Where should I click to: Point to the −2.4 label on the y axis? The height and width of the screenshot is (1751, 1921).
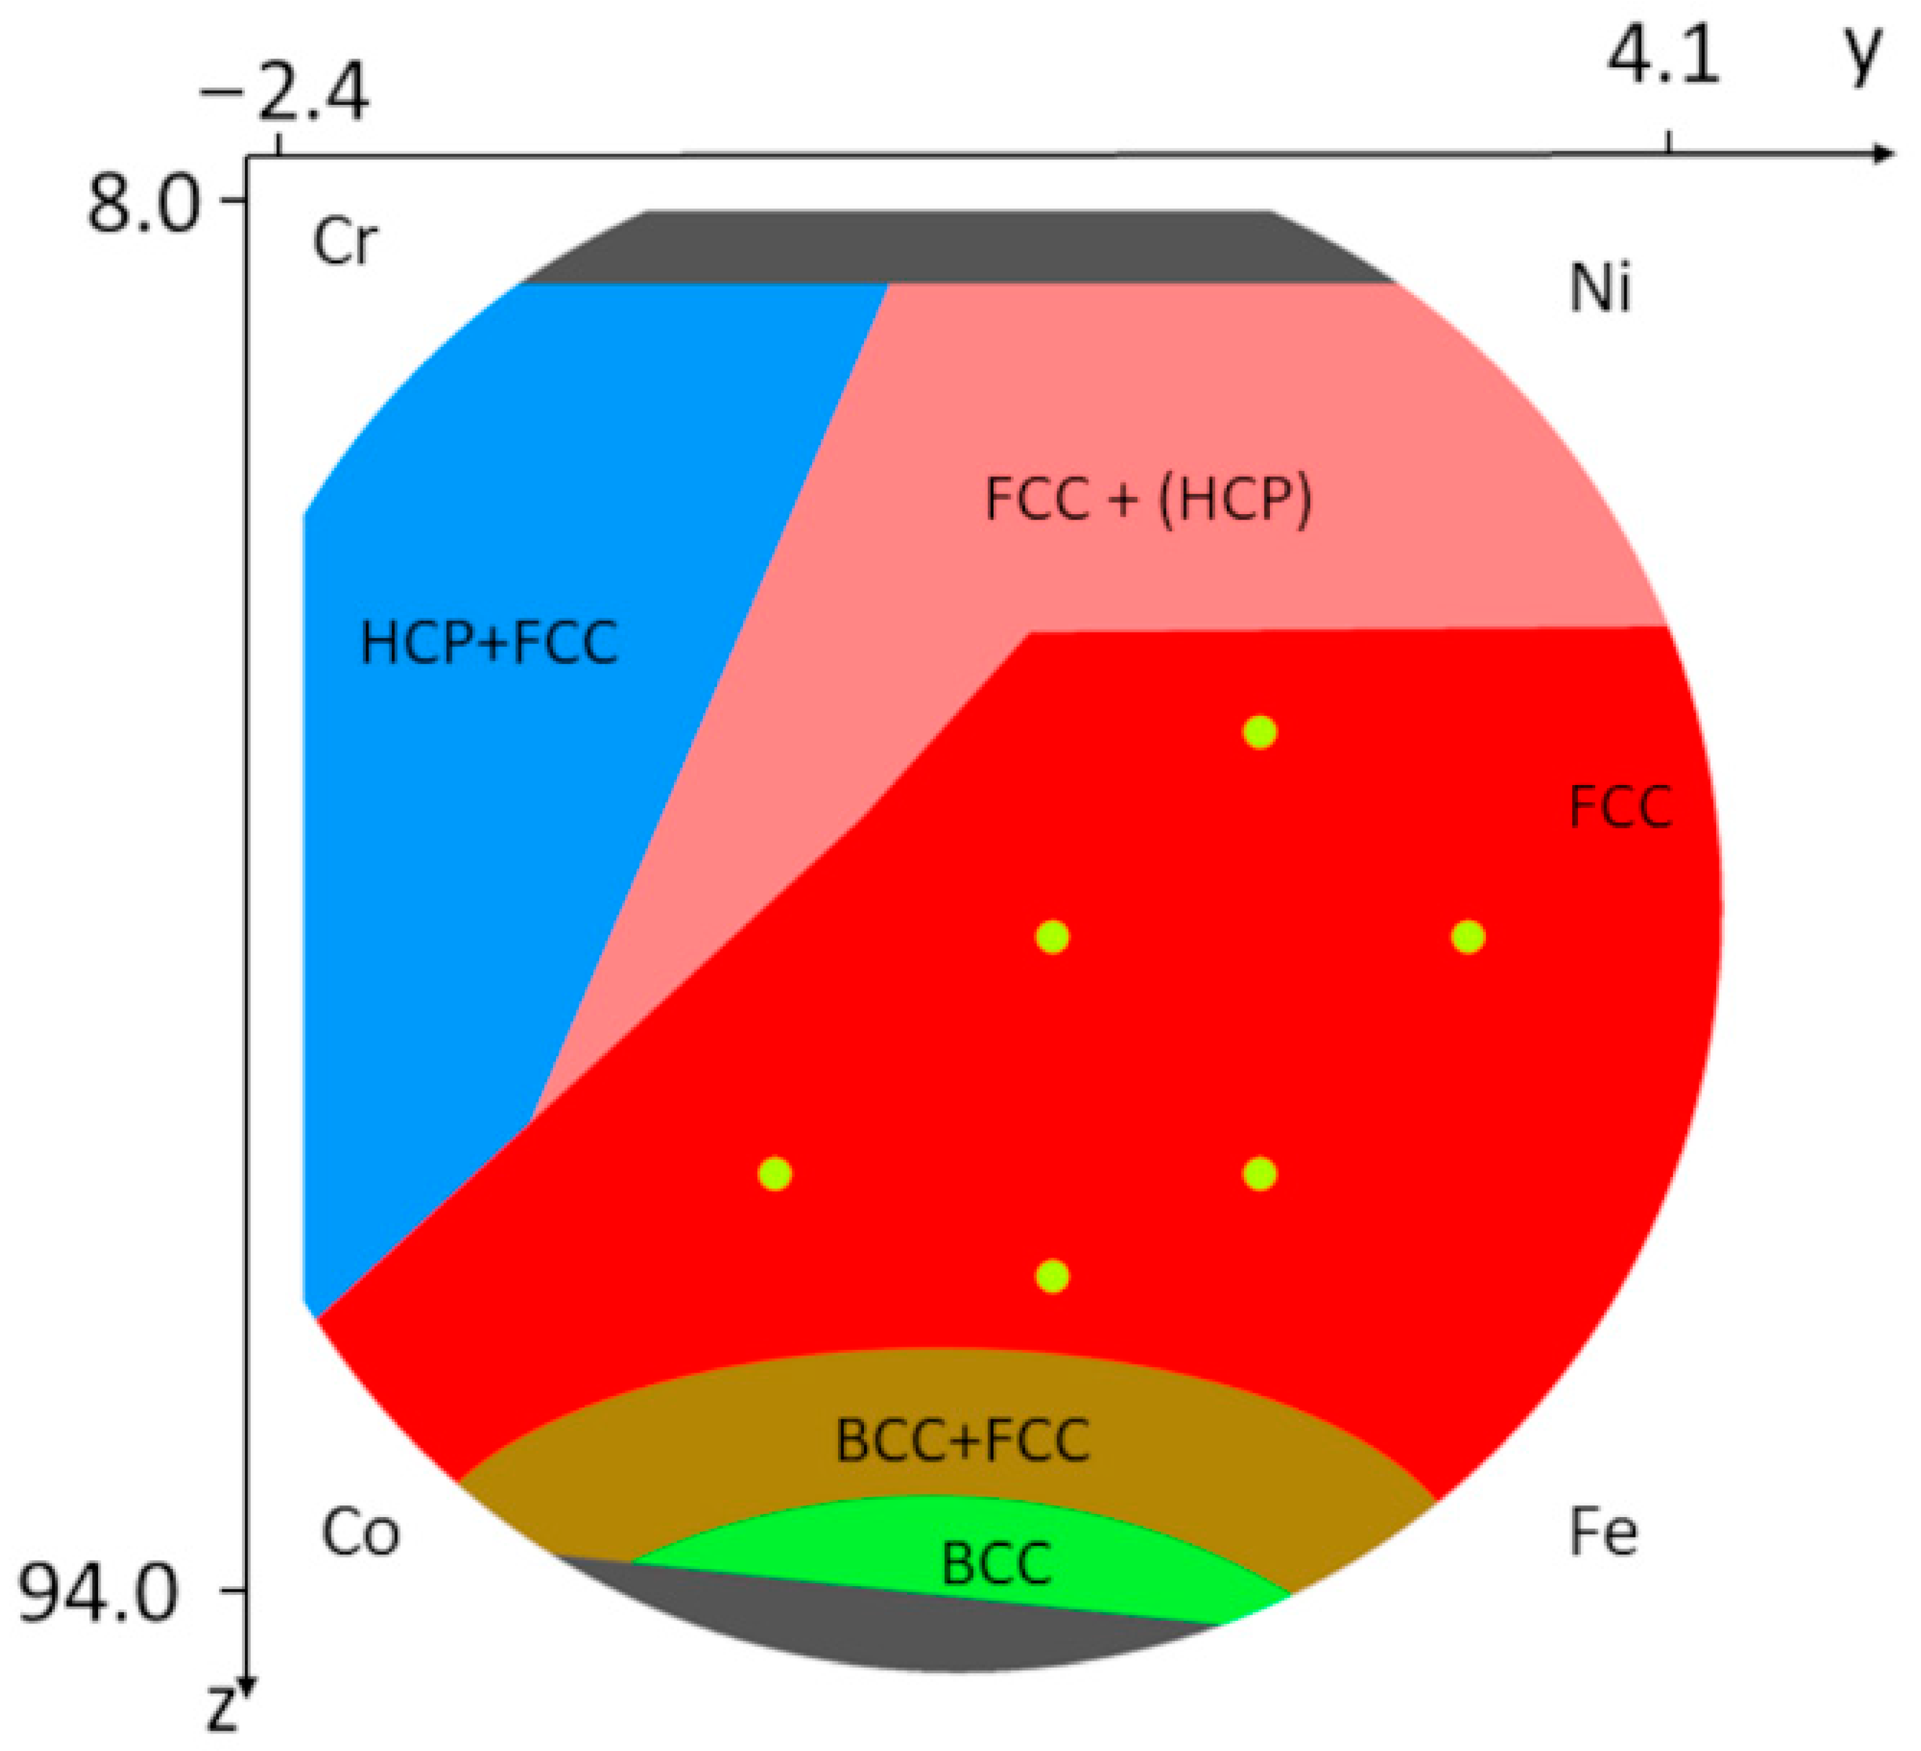pos(284,95)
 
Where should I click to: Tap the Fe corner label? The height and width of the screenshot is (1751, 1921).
pos(1604,1532)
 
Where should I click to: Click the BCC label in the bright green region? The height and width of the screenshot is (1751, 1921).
pos(997,1564)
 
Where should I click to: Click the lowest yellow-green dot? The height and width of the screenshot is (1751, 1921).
pos(1052,1275)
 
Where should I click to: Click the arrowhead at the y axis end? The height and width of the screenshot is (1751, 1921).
pos(1882,154)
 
